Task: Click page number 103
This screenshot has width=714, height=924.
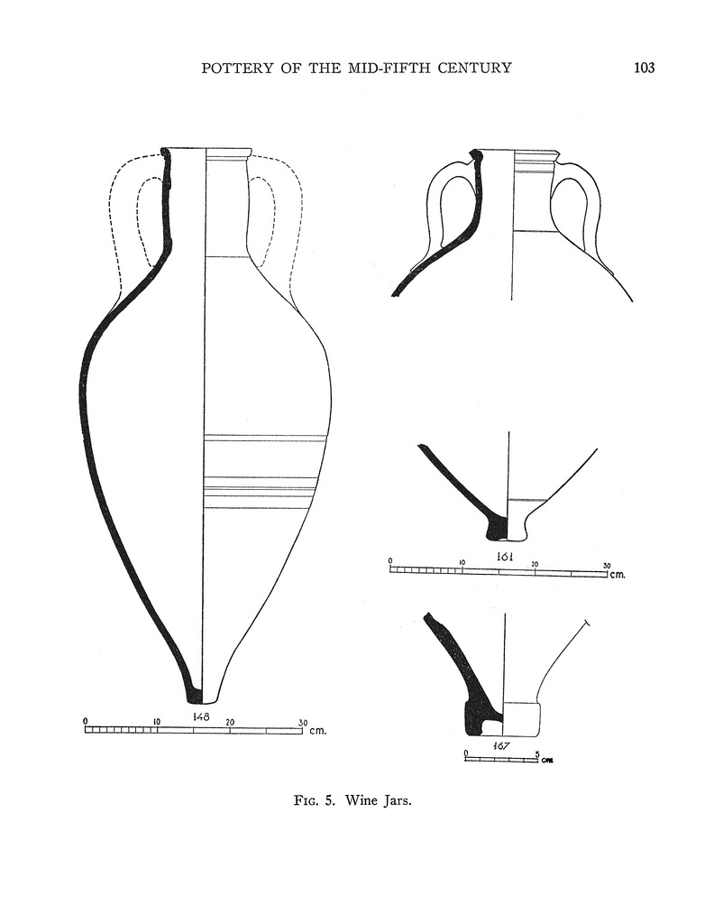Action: pyautogui.click(x=644, y=68)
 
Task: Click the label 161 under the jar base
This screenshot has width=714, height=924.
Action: pyautogui.click(x=505, y=556)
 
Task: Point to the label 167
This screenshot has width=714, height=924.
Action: pyautogui.click(x=501, y=745)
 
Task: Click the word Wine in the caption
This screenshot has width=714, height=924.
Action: pyautogui.click(x=361, y=800)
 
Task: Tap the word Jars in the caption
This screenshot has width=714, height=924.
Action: pyautogui.click(x=398, y=801)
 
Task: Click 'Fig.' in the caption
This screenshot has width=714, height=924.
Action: pyautogui.click(x=307, y=801)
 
